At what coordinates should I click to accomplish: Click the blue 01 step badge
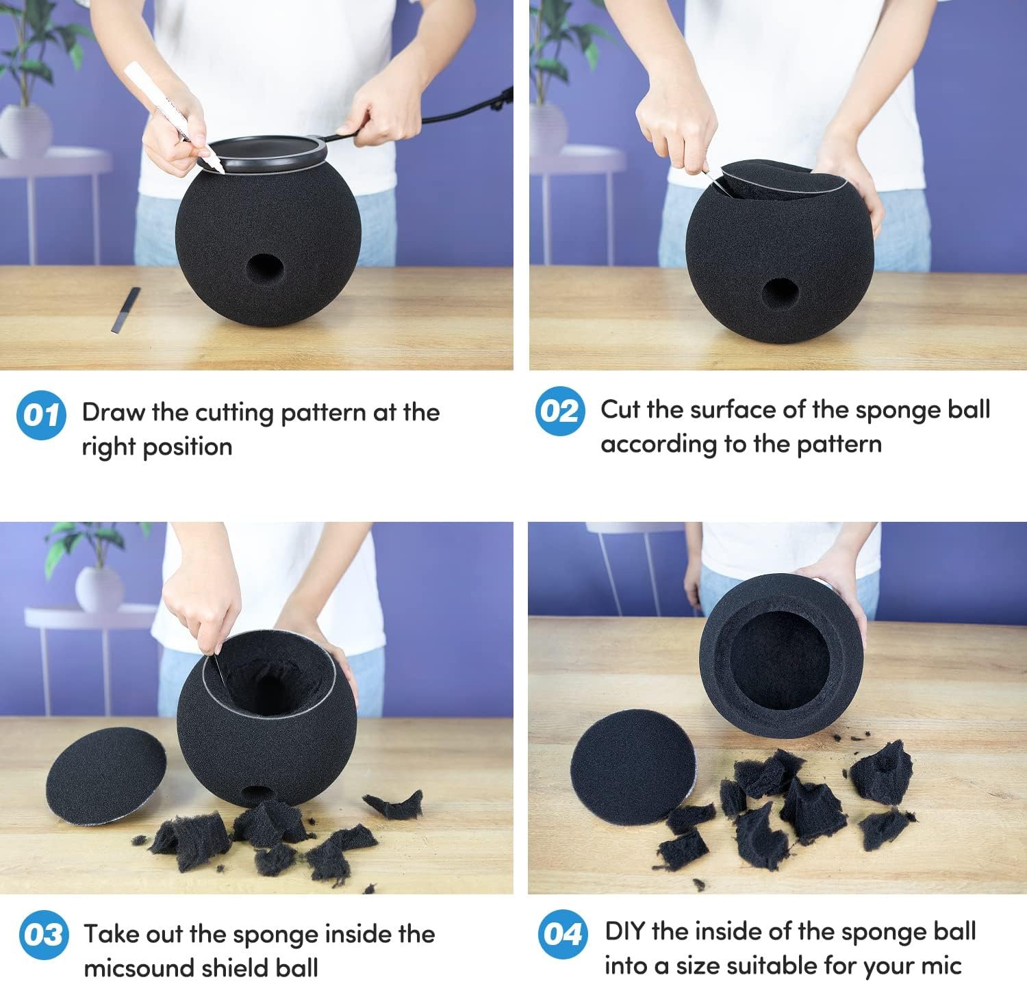41,415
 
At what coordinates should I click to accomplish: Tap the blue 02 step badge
560,411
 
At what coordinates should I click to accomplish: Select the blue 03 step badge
43,935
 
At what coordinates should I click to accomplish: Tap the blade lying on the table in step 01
126,310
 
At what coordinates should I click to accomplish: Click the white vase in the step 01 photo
25,131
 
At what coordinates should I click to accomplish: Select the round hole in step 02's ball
781,293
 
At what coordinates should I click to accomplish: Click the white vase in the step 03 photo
99,589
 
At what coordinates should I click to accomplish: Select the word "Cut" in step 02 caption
620,410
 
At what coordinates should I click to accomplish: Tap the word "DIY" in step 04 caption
624,931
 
